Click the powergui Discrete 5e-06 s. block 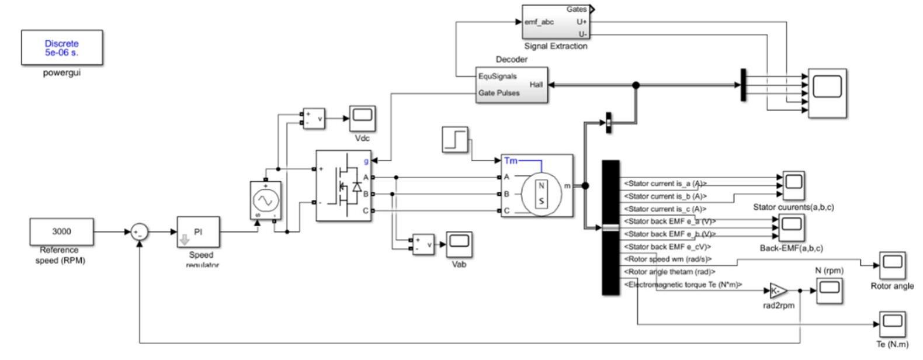[x=61, y=47]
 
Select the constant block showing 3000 [x=61, y=231]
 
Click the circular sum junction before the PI [x=139, y=232]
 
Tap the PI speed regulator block [x=199, y=232]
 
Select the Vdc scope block [x=363, y=119]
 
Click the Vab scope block [x=460, y=244]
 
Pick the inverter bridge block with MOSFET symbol [x=343, y=186]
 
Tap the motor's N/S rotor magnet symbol [x=541, y=194]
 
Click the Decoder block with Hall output [x=511, y=85]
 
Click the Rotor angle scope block [x=892, y=265]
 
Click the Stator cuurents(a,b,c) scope [x=793, y=185]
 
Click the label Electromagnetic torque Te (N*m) [x=683, y=285]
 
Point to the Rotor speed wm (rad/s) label [x=668, y=259]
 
